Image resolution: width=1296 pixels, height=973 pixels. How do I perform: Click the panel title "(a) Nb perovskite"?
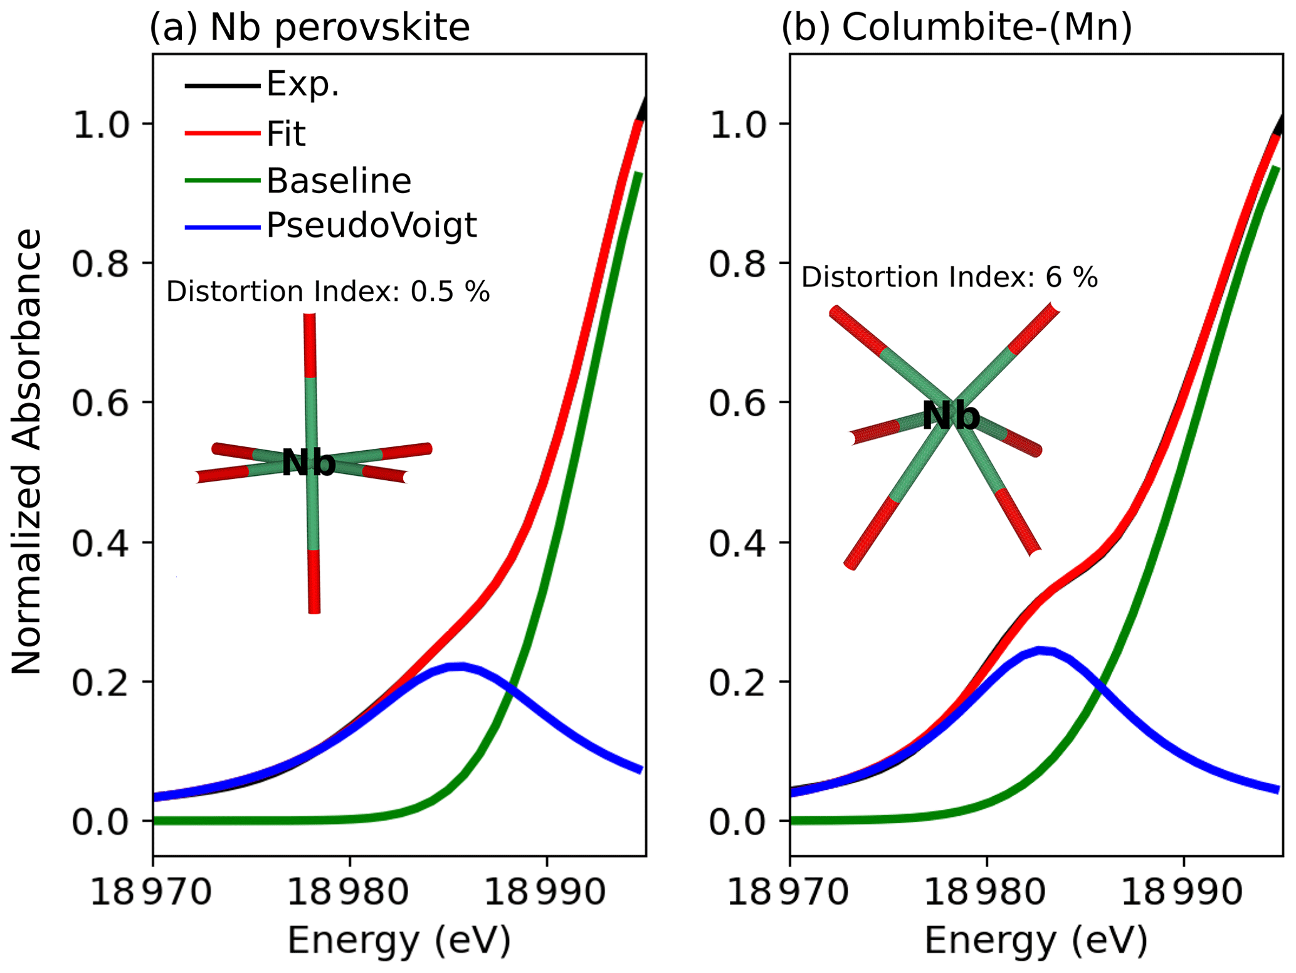(x=309, y=28)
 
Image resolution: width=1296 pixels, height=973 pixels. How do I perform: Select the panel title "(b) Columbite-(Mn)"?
(x=956, y=28)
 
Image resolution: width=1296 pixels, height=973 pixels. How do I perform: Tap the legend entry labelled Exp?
(x=303, y=84)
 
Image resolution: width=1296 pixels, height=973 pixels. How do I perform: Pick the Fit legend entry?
(x=286, y=134)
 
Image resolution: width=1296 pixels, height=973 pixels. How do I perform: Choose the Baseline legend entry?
(x=339, y=181)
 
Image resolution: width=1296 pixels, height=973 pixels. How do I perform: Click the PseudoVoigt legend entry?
(x=371, y=225)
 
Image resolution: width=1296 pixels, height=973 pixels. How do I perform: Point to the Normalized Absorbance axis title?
(x=26, y=452)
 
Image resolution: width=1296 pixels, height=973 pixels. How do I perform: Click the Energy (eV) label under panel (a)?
(x=399, y=941)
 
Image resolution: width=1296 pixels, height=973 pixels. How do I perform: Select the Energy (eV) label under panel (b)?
(x=1036, y=941)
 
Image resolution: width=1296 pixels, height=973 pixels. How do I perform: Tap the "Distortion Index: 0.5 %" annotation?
(x=327, y=292)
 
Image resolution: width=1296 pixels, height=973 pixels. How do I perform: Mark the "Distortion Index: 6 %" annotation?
(x=949, y=277)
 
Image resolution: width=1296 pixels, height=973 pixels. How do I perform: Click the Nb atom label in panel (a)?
(x=308, y=463)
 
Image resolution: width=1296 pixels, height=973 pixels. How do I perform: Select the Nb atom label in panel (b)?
(x=951, y=416)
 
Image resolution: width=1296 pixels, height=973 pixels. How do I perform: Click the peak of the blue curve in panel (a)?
(x=461, y=666)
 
